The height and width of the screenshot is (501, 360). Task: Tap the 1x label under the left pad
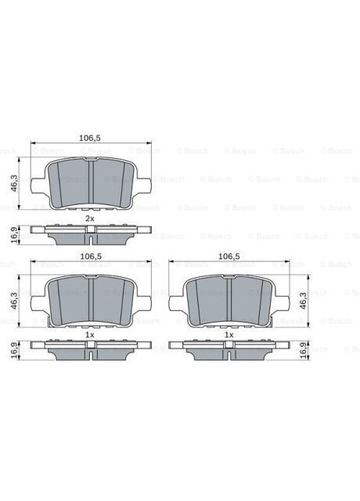click(89, 334)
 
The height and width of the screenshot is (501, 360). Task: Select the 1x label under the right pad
click(229, 334)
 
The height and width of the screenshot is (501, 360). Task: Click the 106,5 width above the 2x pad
click(90, 138)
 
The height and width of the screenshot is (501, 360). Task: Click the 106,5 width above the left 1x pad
click(90, 255)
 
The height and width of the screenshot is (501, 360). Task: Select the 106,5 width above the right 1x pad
click(229, 255)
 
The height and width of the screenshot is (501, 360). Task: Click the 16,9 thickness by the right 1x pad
click(304, 349)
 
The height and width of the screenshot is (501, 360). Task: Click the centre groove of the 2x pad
click(89, 182)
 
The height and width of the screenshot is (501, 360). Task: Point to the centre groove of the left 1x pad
click(89, 298)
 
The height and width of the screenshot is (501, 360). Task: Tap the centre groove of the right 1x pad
click(229, 298)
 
